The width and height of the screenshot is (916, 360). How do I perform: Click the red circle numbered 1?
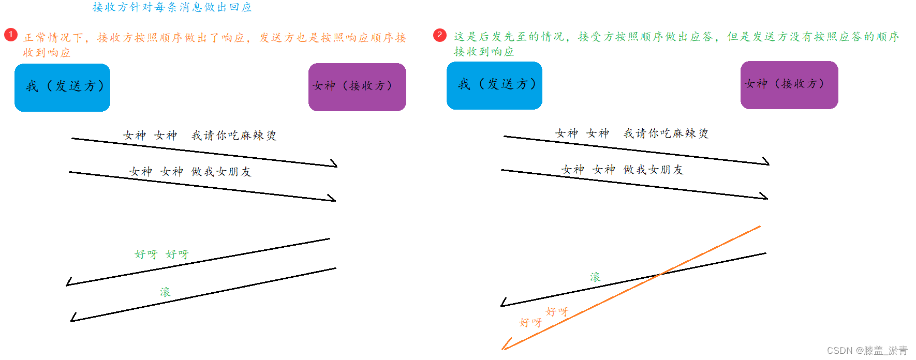(11, 35)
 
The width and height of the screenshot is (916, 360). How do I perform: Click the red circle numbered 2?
(440, 35)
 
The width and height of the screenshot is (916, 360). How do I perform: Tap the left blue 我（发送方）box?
(62, 87)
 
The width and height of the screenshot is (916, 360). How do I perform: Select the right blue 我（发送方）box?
(494, 85)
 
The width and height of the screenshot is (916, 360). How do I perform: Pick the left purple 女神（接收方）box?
(357, 87)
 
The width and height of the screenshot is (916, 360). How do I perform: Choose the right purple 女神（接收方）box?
(789, 85)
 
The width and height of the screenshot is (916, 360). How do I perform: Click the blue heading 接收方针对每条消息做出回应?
(172, 7)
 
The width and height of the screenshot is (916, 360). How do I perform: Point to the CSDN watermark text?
(867, 351)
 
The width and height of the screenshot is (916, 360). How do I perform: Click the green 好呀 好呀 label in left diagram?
(161, 254)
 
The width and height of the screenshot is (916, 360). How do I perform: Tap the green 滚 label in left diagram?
(165, 292)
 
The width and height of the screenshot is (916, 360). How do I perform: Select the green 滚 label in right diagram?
(595, 277)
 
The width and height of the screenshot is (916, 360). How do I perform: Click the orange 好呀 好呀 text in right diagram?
(543, 317)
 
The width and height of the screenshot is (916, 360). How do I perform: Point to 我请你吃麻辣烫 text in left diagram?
(233, 136)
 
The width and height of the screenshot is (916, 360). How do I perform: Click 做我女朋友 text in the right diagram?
(653, 170)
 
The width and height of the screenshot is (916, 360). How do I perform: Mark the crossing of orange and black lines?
(660, 274)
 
